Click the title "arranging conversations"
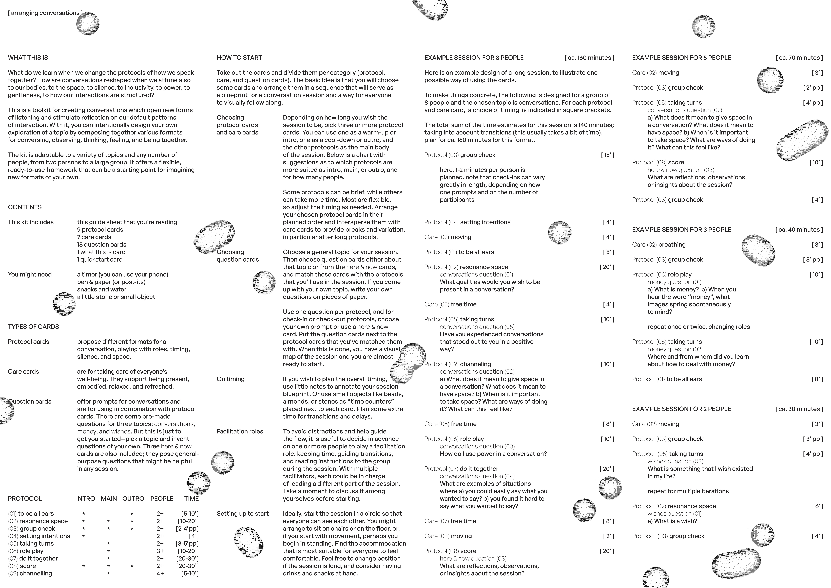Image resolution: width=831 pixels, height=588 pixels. coord(45,13)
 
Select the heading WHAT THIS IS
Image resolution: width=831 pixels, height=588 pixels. coord(28,58)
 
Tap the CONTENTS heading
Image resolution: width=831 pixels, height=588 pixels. coord(25,207)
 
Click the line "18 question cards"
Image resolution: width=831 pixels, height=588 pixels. coord(102,244)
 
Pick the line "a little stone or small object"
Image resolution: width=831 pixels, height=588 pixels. coord(116,297)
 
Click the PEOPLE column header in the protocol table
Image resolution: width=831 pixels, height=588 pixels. coord(162,499)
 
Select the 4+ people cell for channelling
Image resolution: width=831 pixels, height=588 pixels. coord(160,574)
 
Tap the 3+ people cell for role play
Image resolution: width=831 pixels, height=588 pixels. coord(160,551)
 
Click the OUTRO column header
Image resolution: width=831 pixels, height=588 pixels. coord(133,499)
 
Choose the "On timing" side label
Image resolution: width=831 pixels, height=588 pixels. coord(231,379)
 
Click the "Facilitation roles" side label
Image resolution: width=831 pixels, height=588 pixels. coord(240,431)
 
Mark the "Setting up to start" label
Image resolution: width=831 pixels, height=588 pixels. coord(242,513)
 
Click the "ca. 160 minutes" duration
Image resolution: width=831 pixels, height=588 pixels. coord(589,58)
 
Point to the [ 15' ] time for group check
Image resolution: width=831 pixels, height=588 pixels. coord(608,155)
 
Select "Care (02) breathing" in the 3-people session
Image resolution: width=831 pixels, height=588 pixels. coord(659,244)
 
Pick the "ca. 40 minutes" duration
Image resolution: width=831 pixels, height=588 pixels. coord(799,230)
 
